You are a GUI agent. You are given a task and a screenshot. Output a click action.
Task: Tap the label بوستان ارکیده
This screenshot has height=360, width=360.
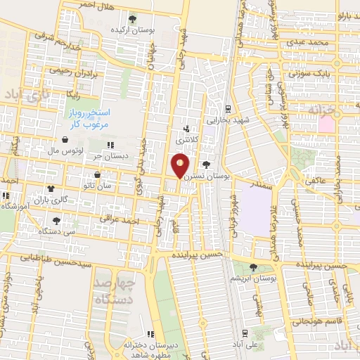click(x=133, y=31)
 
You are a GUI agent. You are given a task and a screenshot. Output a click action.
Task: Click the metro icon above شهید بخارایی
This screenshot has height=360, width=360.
click(x=228, y=109)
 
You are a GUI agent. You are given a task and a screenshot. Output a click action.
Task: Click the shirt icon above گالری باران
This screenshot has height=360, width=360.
click(x=51, y=188)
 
